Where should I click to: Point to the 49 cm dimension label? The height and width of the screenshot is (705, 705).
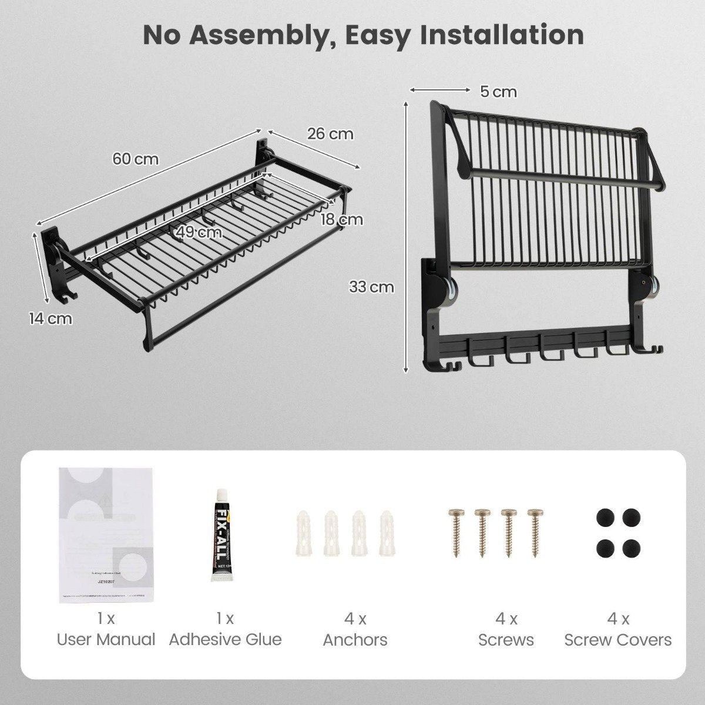pyautogui.click(x=200, y=232)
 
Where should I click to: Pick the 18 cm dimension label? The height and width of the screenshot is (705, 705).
pyautogui.click(x=342, y=220)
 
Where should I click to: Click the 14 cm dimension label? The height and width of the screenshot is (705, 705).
pyautogui.click(x=51, y=319)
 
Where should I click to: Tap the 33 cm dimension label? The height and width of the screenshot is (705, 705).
pyautogui.click(x=371, y=287)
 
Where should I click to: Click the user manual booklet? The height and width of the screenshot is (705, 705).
pyautogui.click(x=106, y=534)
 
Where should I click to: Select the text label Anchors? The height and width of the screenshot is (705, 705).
pyautogui.click(x=355, y=640)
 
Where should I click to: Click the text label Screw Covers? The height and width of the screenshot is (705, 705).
pyautogui.click(x=618, y=640)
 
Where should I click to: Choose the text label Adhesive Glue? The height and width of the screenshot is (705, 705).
pyautogui.click(x=226, y=640)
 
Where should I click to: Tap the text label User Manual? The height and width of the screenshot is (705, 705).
pyautogui.click(x=106, y=640)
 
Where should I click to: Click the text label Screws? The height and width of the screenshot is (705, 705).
pyautogui.click(x=506, y=640)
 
